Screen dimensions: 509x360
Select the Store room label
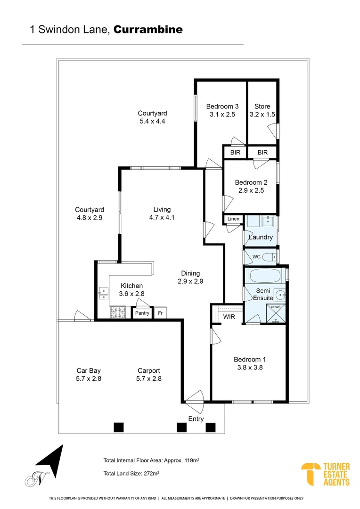[262, 107]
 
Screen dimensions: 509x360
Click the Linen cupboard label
[233, 219]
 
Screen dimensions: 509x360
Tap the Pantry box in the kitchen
[142, 313]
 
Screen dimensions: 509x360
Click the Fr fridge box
[160, 313]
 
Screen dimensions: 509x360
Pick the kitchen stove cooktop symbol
[117, 312]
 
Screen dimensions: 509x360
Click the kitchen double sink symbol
[102, 294]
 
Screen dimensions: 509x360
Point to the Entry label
[196, 419]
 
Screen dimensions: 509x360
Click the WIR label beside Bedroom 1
[229, 317]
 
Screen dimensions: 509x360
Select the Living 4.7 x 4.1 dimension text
[162, 218]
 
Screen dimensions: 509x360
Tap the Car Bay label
[89, 370]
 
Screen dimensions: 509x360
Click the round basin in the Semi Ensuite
[281, 296]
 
